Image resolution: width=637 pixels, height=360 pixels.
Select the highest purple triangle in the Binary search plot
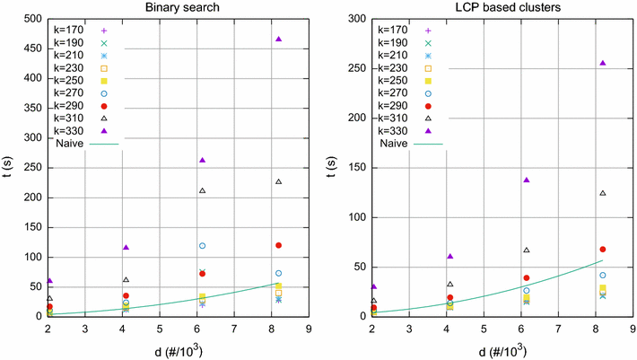[x=278, y=40]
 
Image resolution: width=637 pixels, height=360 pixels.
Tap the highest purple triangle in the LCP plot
[x=602, y=63]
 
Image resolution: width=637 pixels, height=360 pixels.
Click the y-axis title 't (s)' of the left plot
[x=7, y=167]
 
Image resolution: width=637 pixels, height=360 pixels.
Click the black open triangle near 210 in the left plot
[x=203, y=190]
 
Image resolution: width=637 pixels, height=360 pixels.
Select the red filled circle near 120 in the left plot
[x=278, y=245]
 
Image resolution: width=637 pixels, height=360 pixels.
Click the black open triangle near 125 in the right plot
[x=602, y=193]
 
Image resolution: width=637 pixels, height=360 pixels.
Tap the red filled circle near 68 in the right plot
[x=602, y=249]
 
